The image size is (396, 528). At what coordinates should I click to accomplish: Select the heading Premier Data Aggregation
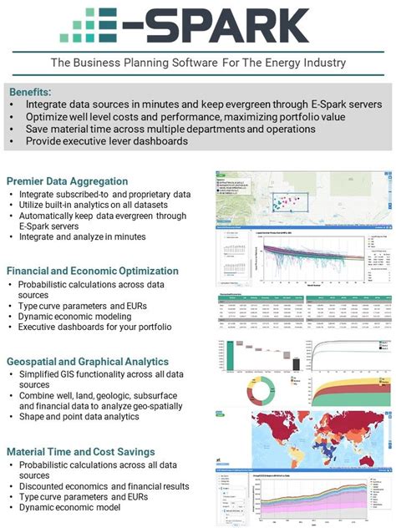(x=67, y=181)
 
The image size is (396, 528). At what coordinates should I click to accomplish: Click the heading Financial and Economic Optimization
(x=92, y=271)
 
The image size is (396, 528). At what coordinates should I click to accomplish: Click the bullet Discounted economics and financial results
(x=104, y=487)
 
